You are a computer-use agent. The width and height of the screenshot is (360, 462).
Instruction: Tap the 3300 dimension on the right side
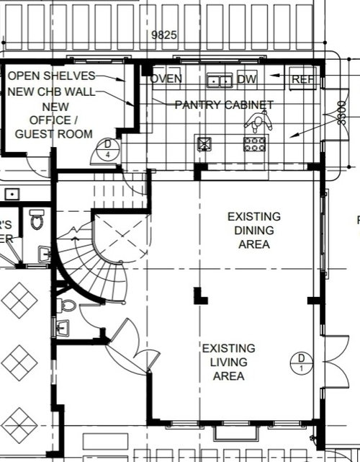pos(341,114)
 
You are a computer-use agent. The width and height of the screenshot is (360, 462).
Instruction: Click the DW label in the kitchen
pos(246,79)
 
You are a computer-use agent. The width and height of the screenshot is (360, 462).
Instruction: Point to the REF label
pos(303,79)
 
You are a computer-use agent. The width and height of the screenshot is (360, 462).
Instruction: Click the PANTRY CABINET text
pos(224,105)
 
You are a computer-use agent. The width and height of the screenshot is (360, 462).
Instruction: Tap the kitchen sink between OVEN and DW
pos(219,79)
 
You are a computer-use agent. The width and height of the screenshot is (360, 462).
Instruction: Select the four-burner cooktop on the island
pos(255,143)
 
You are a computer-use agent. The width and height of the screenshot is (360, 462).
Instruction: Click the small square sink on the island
pos(205,143)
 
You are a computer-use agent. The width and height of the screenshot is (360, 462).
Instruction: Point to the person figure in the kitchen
pos(258,122)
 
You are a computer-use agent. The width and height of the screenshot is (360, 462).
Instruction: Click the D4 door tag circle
pos(107,150)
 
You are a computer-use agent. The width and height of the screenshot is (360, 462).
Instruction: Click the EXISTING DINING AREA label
pos(253,230)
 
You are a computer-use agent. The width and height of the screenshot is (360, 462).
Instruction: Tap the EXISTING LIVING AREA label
pos(228,363)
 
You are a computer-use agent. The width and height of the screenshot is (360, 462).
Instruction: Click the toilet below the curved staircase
pos(66,306)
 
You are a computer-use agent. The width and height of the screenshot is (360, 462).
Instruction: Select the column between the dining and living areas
pos(199,295)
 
